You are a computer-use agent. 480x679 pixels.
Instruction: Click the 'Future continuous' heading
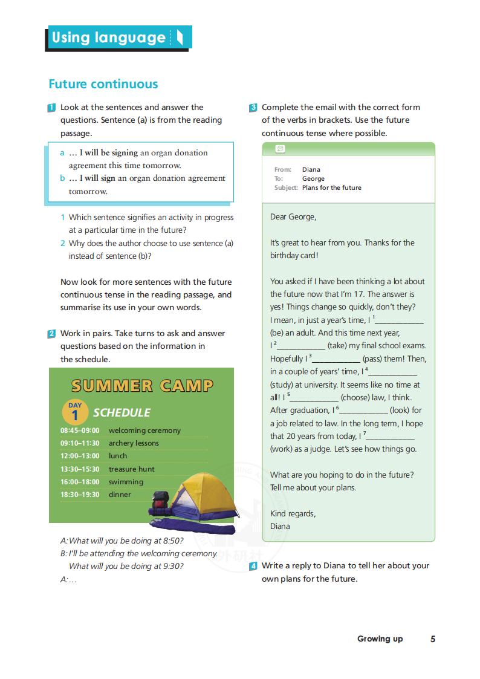click(x=103, y=84)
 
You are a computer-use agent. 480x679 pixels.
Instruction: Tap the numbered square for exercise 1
click(x=52, y=108)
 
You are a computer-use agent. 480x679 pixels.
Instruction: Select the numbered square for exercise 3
click(x=253, y=108)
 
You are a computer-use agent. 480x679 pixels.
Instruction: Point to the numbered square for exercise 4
click(x=253, y=567)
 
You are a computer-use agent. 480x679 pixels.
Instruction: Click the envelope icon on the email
click(x=279, y=149)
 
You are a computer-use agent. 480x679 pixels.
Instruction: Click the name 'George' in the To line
click(x=313, y=178)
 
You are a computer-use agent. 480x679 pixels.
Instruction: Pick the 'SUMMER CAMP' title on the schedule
click(x=141, y=385)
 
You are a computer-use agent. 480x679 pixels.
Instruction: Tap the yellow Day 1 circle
click(x=75, y=412)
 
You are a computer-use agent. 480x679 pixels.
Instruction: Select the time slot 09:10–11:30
click(x=80, y=443)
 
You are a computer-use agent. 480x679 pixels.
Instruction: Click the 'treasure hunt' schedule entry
click(x=131, y=469)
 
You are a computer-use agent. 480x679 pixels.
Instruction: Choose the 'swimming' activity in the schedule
click(x=126, y=482)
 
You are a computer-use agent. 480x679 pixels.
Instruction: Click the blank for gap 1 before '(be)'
click(x=400, y=321)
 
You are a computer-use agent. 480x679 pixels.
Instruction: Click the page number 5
click(x=433, y=639)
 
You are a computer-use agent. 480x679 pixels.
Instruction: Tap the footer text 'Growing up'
click(x=380, y=639)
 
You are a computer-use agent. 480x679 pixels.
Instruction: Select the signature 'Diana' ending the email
click(x=280, y=526)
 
